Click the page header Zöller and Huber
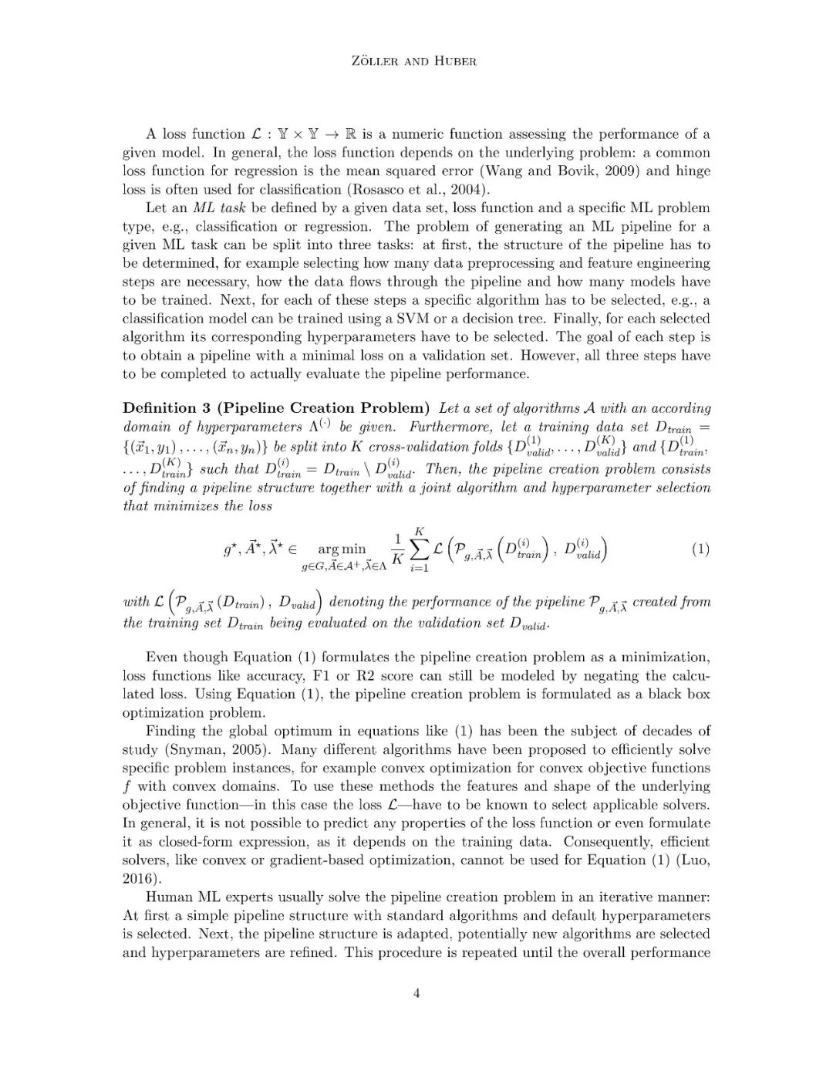(x=416, y=61)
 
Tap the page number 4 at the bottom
(x=416, y=993)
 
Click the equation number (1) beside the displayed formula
(x=700, y=549)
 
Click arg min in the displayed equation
(x=342, y=549)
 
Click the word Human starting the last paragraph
(x=170, y=897)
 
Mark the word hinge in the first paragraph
(x=693, y=171)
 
